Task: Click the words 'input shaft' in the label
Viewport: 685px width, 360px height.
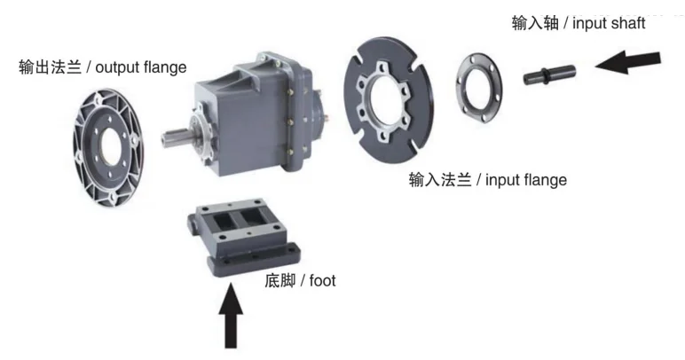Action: pos(610,23)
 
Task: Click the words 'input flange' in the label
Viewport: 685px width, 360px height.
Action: pos(525,180)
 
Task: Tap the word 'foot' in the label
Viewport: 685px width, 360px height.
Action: pos(323,281)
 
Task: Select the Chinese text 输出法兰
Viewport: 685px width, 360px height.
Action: pos(45,67)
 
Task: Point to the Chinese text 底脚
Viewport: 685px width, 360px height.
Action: pos(279,281)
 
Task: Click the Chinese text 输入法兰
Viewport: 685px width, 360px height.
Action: pos(436,180)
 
